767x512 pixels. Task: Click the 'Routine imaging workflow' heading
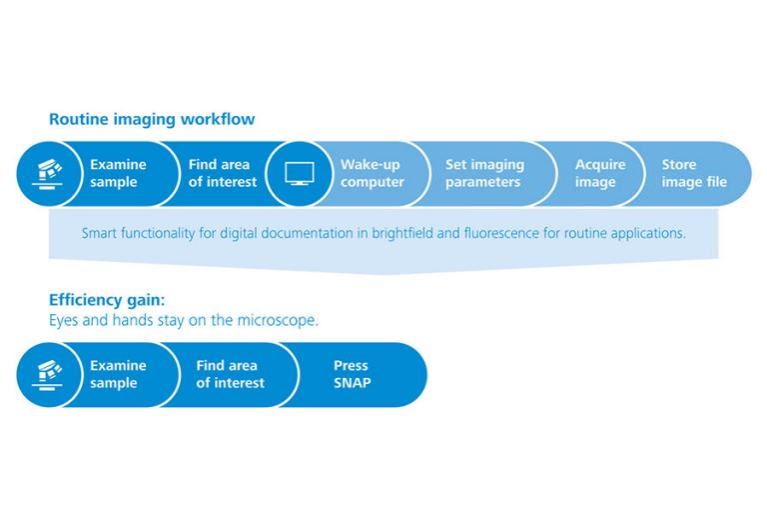152,119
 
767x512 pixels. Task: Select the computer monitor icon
300,173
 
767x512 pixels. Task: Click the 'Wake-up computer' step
373,173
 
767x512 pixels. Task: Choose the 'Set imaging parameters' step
484,173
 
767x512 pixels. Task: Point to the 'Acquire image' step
600,173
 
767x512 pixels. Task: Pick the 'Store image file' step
694,173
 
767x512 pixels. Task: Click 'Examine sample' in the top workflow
118,173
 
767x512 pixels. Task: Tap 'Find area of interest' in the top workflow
223,173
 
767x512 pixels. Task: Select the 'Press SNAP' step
352,374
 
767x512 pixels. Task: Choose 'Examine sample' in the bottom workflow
118,374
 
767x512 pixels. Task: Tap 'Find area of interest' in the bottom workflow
231,374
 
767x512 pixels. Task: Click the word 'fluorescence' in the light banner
505,234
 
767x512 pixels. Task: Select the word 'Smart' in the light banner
100,234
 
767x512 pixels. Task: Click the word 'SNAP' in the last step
352,383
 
